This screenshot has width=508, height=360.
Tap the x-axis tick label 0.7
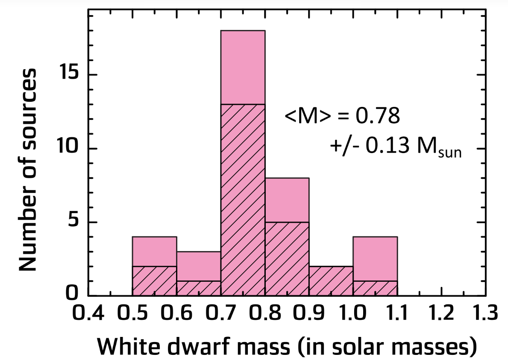(220, 315)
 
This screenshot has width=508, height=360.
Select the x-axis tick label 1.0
(352, 315)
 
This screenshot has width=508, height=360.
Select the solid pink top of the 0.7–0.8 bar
(243, 67)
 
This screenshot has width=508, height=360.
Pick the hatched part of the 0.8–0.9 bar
(287, 259)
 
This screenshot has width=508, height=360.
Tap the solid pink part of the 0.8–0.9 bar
(287, 200)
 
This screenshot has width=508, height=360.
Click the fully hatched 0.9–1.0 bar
(331, 281)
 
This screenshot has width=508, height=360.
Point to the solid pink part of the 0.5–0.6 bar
(154, 251)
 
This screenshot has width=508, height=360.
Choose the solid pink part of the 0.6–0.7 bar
(199, 266)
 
